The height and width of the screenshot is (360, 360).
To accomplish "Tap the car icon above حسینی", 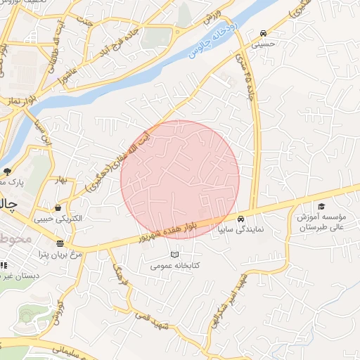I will pyautogui.click(x=262, y=33).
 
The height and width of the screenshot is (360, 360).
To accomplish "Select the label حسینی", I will pyautogui.click(x=262, y=44).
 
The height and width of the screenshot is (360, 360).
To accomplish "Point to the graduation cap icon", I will pyautogui.click(x=321, y=206).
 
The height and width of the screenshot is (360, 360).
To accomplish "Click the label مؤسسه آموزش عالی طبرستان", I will pyautogui.click(x=321, y=222).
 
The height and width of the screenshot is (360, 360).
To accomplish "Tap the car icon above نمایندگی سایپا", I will pyautogui.click(x=241, y=218).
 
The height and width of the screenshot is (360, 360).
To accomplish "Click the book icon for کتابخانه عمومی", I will pyautogui.click(x=174, y=255).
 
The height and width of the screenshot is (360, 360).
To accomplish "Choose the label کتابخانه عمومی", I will pyautogui.click(x=174, y=266).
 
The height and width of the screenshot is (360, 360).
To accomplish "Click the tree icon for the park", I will pyautogui.click(x=7, y=171).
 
